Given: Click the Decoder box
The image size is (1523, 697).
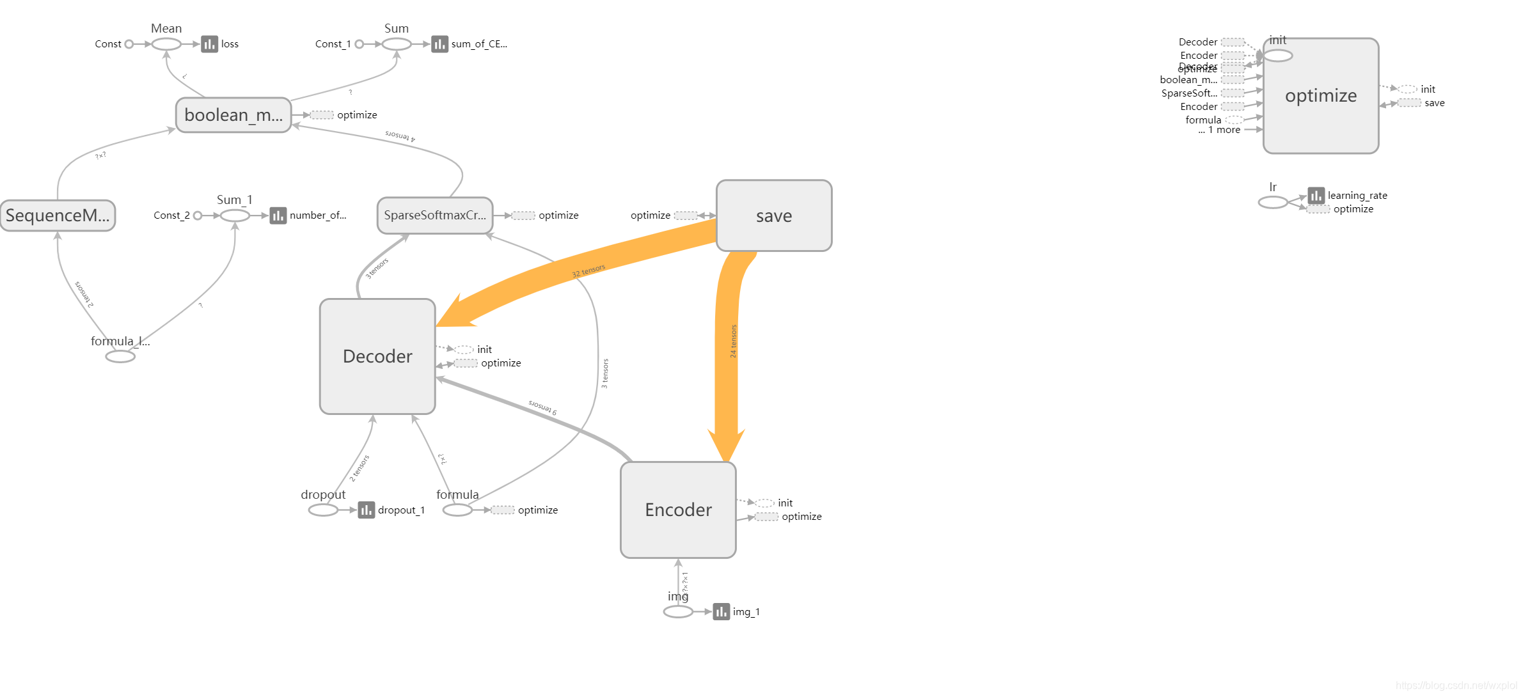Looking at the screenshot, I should point(377,356).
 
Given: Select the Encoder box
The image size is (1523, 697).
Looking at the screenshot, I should point(678,510).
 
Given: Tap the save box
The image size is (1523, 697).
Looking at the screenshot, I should point(774,215).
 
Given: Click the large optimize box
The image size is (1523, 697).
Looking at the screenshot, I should point(1321,96).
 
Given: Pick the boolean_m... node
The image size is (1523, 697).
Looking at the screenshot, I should point(233,115).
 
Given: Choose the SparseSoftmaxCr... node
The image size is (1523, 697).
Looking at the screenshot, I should point(435,215).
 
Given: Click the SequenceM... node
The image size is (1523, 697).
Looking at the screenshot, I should point(58,215).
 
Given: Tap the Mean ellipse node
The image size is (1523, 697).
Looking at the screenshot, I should point(166,44).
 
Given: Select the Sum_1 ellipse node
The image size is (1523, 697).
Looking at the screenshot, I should point(235,215).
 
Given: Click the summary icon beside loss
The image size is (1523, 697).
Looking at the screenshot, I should point(209,44).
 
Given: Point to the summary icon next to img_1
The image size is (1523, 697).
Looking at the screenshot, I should point(721,612).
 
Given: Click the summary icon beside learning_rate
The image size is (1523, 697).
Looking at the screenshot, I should point(1316,195).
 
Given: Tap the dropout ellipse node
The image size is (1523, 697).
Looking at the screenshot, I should point(323,510).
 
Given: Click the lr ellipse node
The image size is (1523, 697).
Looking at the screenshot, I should point(1273,202).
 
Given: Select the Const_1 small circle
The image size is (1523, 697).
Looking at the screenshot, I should point(359,44).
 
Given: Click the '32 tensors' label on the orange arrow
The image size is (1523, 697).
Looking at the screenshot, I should point(588,270).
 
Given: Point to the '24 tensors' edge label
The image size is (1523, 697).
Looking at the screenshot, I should point(733,341).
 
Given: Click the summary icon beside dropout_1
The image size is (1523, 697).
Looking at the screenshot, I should point(366,510).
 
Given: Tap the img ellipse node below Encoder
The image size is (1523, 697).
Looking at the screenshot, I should point(678,612).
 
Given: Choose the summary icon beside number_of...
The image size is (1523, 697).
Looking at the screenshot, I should point(278,215).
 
